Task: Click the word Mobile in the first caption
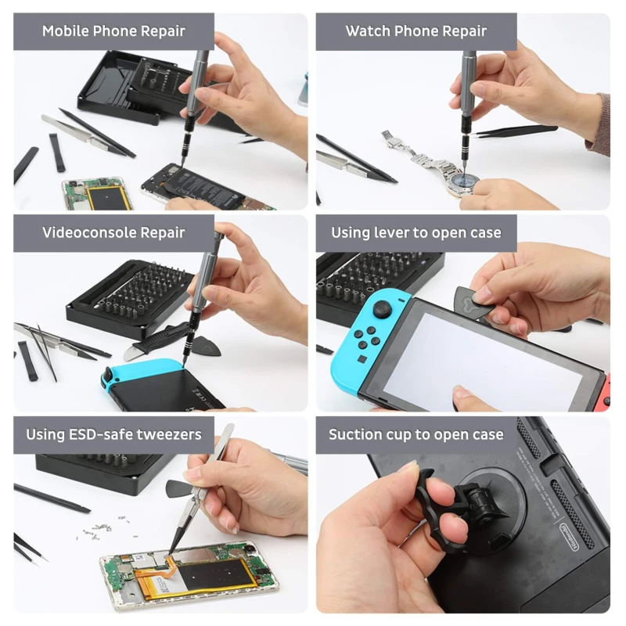point(66,31)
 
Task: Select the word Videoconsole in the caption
point(89,232)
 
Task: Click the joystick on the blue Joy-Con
point(383,310)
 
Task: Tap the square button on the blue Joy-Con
point(362,358)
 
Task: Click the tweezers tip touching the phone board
point(171,552)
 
